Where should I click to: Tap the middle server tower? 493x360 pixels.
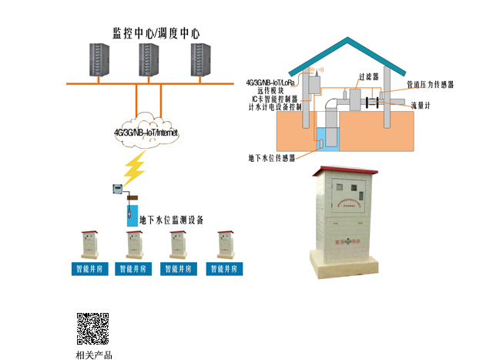149,61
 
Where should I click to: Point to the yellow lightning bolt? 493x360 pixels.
136,166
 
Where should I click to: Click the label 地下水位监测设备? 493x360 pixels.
171,220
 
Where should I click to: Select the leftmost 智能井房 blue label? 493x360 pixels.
90,269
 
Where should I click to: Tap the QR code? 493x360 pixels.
92,328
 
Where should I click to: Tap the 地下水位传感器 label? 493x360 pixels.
272,158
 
